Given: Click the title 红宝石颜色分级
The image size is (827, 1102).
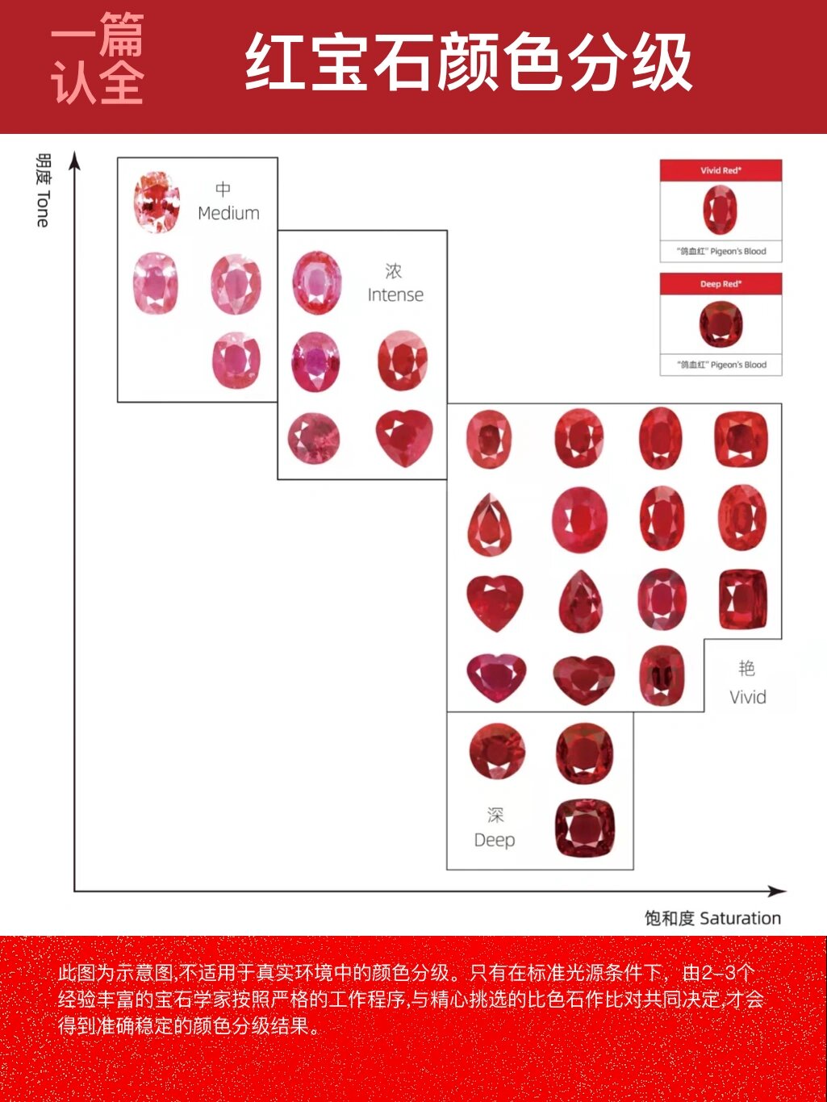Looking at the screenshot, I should (x=468, y=62).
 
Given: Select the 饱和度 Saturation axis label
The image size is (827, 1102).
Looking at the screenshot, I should (x=712, y=918).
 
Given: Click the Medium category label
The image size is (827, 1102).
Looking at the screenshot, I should (x=228, y=202).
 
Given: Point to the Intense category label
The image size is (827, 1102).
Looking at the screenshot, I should (x=395, y=284).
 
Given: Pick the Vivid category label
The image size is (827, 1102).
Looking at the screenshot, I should (x=747, y=683).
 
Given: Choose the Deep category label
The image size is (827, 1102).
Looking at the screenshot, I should (x=495, y=829).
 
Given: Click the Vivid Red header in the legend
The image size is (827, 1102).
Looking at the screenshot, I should (x=720, y=170).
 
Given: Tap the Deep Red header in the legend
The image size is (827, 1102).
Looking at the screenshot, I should (x=720, y=284).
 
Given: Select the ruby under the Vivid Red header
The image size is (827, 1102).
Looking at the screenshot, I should (x=720, y=210).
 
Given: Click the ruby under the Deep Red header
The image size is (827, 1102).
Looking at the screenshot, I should (x=720, y=324).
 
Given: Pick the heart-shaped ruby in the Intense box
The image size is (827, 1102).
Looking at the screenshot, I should (x=403, y=438).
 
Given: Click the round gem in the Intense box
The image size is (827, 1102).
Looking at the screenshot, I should (x=314, y=439).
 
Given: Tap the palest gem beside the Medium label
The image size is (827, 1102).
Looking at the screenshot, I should (x=157, y=202).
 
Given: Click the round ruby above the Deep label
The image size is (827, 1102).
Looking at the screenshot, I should (x=497, y=751).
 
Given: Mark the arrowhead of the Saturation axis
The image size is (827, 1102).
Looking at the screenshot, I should (x=778, y=891).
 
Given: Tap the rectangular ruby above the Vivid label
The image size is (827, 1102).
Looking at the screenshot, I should (x=742, y=599).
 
